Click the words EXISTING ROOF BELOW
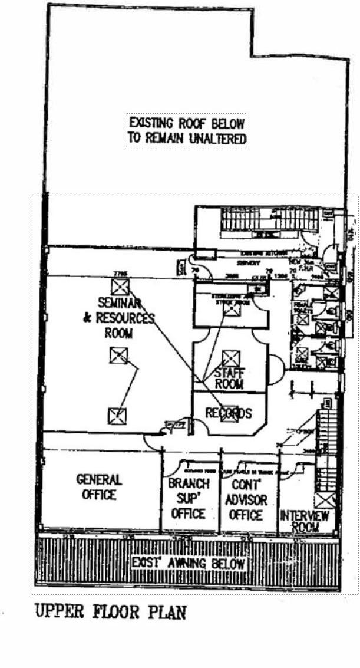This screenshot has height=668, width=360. point(186,123)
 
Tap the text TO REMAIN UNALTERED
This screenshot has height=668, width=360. point(186,139)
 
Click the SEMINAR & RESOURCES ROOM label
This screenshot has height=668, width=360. point(118,318)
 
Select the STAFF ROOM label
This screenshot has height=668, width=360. point(229,378)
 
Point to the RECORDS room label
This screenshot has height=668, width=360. point(228,413)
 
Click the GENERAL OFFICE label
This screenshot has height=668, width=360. point(99,487)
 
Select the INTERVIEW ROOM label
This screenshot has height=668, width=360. point(305,521)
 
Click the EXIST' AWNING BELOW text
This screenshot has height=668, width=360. point(189,562)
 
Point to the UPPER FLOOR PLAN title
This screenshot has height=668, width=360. point(111,612)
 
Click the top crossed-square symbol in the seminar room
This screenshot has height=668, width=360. point(120,287)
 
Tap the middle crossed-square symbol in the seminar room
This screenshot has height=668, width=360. point(118,356)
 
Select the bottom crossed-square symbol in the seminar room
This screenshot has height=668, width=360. point(117,416)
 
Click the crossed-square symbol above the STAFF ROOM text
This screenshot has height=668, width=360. point(230,358)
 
